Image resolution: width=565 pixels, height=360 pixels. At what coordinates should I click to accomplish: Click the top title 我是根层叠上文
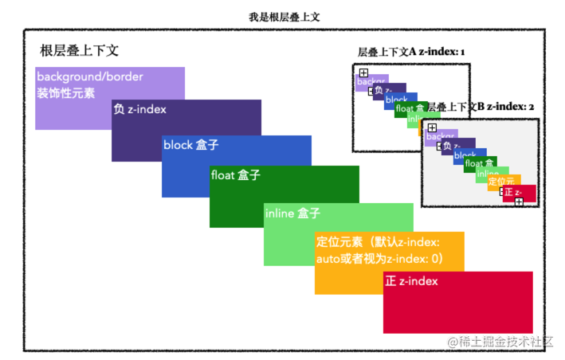(x=284, y=16)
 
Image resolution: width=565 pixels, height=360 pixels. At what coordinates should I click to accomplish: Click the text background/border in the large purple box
(x=90, y=77)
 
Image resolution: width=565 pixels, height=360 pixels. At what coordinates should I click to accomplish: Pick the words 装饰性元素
(x=65, y=92)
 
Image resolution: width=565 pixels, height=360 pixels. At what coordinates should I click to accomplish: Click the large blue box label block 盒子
(x=190, y=145)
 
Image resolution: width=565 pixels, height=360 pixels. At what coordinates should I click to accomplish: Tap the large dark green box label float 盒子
(x=235, y=174)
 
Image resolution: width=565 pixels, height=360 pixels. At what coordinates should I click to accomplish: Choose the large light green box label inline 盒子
(x=292, y=213)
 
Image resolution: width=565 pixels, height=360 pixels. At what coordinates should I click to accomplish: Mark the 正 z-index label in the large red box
(x=411, y=282)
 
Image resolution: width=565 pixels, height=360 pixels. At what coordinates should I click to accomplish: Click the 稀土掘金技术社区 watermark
(x=500, y=341)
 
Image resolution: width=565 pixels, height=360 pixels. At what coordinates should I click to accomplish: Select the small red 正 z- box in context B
(x=519, y=193)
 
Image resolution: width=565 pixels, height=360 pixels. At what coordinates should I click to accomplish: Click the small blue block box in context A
(x=398, y=100)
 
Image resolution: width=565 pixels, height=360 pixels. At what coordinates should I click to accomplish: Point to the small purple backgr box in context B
(x=440, y=137)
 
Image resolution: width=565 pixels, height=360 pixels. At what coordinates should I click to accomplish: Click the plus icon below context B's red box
(x=519, y=202)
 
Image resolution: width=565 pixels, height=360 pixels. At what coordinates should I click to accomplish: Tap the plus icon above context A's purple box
(x=363, y=72)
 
